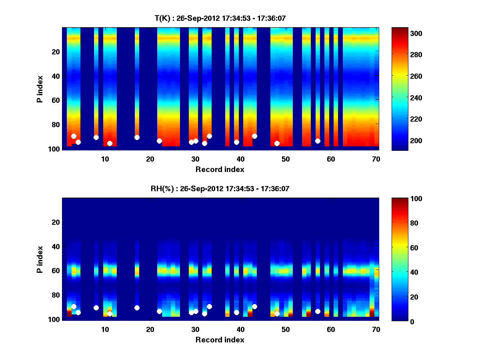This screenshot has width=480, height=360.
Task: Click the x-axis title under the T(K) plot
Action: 220,169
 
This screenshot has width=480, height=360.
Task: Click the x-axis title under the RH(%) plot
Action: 220,340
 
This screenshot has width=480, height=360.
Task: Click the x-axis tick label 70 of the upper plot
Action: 376,158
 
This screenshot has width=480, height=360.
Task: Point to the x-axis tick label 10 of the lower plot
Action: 105,329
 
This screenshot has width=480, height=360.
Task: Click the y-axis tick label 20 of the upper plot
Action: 55,52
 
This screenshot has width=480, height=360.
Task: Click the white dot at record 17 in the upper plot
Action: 137,137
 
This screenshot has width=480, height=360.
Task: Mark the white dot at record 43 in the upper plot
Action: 254,136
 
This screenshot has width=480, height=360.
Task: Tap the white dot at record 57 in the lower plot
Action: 318,311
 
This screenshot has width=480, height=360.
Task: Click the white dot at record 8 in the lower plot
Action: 96,308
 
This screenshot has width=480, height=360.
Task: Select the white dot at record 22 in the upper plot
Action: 159,141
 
